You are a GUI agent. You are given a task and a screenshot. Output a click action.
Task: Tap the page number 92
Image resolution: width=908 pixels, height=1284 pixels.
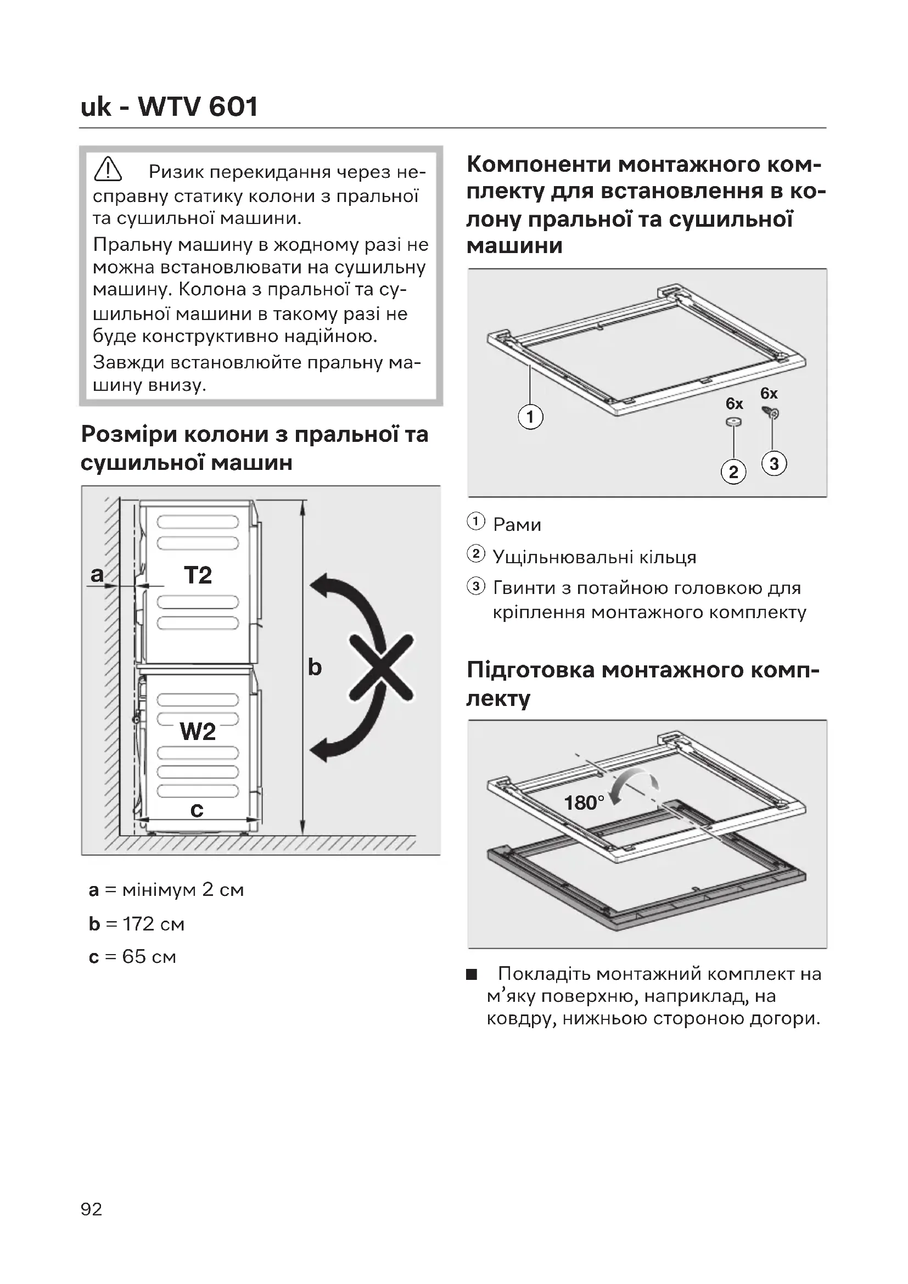pos(91,1209)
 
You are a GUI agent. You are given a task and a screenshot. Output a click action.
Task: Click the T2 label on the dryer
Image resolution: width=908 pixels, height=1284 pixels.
pos(198,575)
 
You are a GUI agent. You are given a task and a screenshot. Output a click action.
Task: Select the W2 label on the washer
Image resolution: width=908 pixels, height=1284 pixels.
pos(198,731)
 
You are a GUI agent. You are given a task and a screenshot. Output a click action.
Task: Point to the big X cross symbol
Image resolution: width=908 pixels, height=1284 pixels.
pos(382,667)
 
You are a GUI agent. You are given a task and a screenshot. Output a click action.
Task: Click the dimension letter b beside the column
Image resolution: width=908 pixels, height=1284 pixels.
pos(315,666)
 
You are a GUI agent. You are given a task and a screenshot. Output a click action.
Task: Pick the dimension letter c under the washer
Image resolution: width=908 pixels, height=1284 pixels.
pos(197,809)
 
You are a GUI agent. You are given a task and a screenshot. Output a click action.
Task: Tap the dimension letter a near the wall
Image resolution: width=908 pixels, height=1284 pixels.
pos(97,574)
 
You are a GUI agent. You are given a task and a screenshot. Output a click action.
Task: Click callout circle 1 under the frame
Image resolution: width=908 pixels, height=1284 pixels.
pos(530,417)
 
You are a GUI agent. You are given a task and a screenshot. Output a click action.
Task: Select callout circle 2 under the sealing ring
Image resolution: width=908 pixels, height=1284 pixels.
pos(733,472)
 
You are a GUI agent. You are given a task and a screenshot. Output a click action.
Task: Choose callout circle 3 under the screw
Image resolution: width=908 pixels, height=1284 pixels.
pos(774,464)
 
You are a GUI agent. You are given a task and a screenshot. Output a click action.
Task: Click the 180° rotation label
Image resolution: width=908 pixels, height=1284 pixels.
pos(584,803)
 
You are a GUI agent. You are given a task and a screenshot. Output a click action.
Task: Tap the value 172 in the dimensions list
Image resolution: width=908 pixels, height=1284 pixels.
pos(139,924)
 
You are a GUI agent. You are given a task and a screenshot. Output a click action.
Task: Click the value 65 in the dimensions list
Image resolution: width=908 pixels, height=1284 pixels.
pos(134,957)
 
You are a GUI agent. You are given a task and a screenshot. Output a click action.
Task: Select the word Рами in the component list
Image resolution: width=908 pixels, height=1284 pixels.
pos(517,525)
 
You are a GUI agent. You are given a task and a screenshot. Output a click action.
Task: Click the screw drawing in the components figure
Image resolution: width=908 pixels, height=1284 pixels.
pos(770,412)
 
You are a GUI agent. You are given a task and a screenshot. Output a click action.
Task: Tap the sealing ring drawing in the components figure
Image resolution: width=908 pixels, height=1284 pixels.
pos(733,422)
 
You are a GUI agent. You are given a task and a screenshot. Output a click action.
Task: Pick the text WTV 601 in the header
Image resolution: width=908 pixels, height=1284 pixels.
pos(198,106)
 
